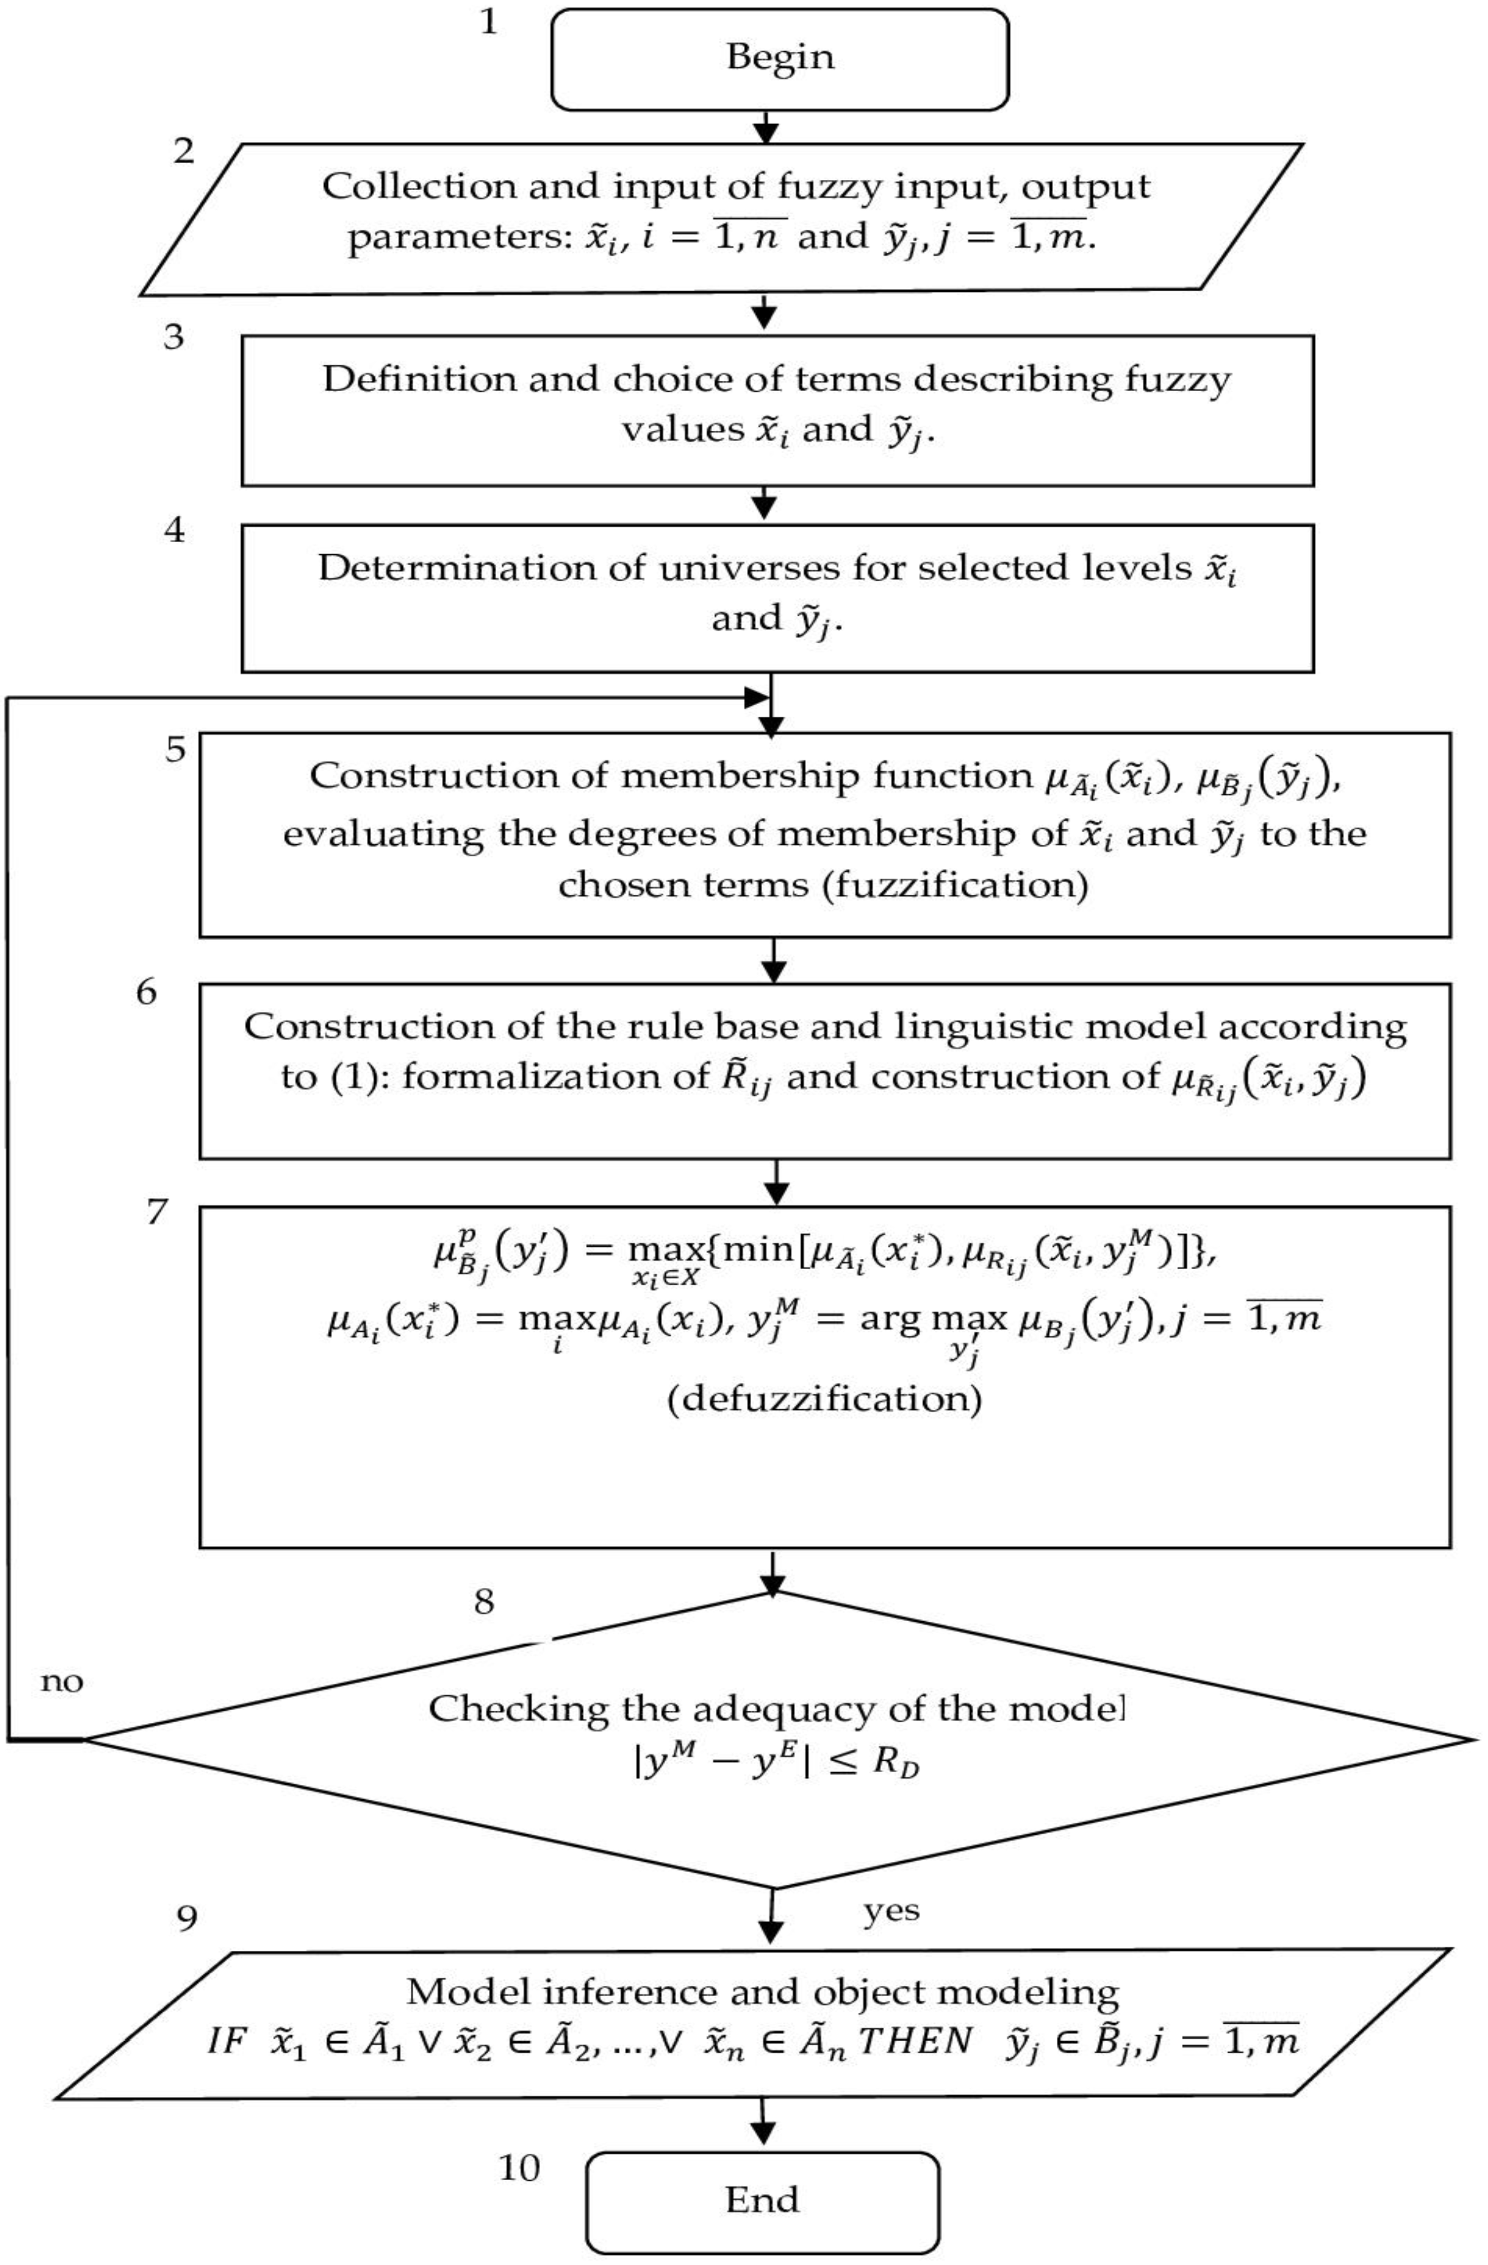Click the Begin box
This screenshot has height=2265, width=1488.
pos(779,58)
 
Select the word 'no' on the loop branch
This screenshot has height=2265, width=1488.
pos(62,1682)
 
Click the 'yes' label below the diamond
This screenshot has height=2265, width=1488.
pos(891,1910)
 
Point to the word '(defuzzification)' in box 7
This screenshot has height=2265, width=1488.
pos(824,1400)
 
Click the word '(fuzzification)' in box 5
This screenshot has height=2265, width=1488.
pos(956,885)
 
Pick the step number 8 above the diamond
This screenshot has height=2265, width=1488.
pos(484,1602)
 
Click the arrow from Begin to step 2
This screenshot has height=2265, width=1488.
pos(765,126)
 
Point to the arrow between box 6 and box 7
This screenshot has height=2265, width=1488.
pos(776,1182)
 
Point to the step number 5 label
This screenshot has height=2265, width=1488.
pos(176,749)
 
